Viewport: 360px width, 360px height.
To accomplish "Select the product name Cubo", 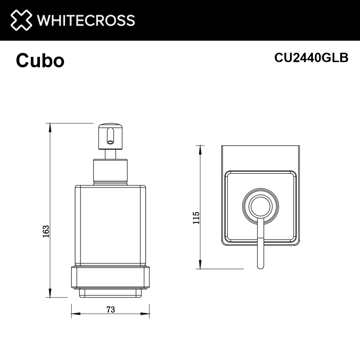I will [40, 61].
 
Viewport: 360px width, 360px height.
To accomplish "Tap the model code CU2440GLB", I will [311, 58].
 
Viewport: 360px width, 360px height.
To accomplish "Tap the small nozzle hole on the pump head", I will [110, 141].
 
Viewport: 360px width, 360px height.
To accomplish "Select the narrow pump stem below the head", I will [110, 154].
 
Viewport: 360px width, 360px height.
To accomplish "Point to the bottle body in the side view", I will [110, 225].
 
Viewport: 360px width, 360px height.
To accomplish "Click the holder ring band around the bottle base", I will [110, 277].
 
